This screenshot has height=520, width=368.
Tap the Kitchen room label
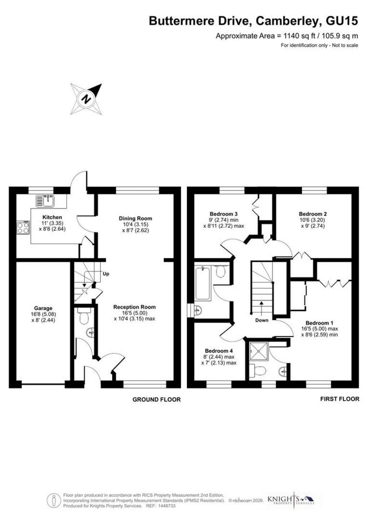point(52,217)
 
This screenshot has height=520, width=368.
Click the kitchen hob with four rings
point(23,227)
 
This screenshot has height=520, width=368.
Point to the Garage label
point(43,308)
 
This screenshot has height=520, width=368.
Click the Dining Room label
point(135,218)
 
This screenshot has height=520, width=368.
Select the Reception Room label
point(135,307)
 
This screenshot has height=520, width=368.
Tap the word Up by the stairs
point(106,274)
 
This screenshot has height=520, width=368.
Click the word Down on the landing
point(262,320)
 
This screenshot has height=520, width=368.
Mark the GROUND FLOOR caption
point(156,399)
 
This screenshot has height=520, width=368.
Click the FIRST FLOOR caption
point(339,399)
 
